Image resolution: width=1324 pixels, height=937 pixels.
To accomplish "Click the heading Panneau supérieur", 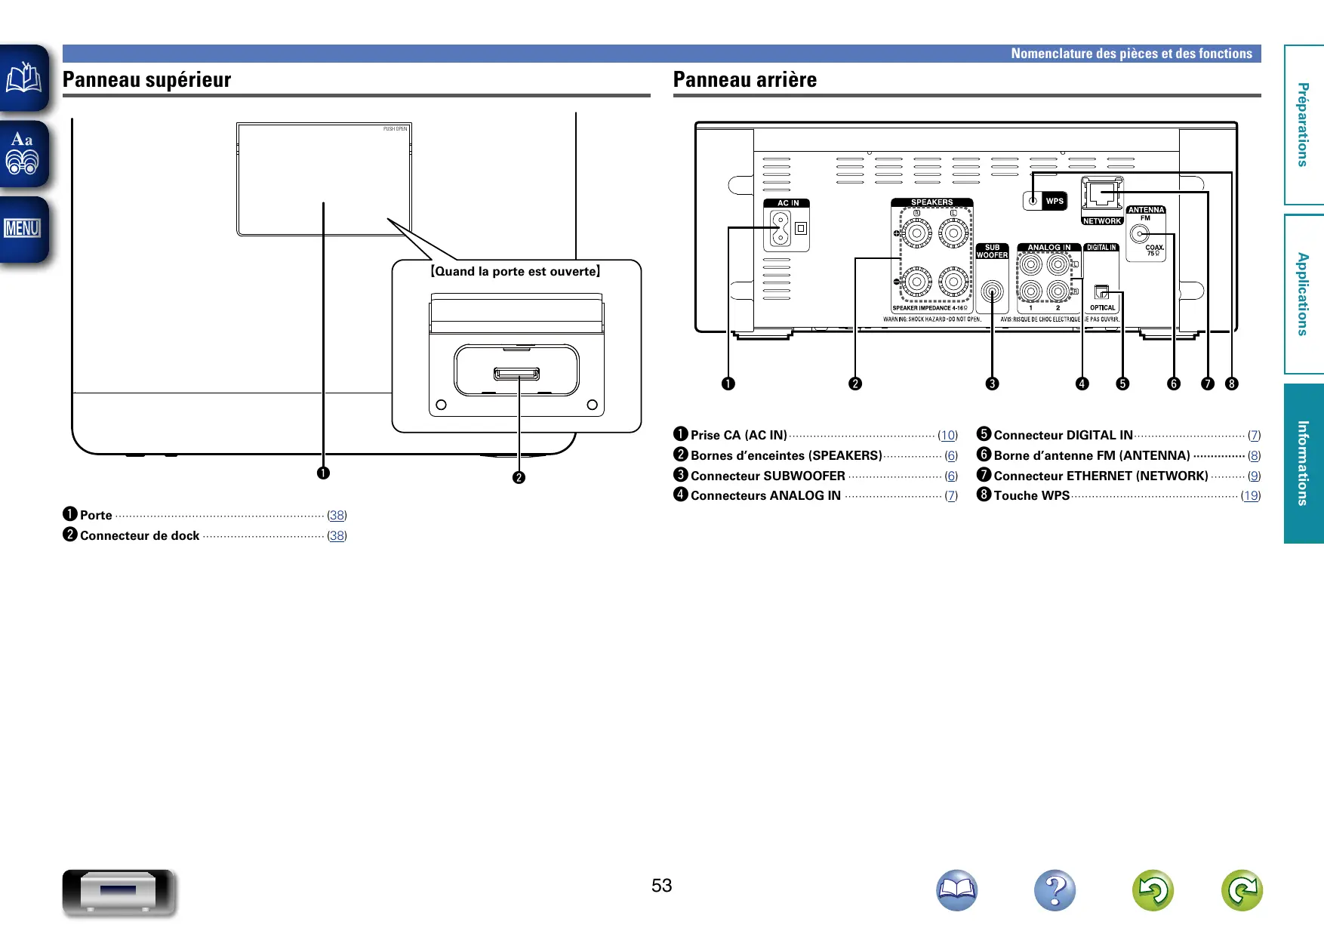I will [x=146, y=80].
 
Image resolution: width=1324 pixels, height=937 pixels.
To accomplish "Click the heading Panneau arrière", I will [x=744, y=80].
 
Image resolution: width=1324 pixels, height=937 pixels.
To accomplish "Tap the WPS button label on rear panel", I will [x=1055, y=201].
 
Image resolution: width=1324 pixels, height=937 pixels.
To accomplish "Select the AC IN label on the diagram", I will [x=787, y=203].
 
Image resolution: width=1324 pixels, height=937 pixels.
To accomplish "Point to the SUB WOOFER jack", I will [x=992, y=291].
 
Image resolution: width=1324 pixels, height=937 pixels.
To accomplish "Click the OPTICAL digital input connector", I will [x=1101, y=292].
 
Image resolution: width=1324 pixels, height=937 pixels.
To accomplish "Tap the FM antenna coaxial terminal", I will [x=1139, y=234].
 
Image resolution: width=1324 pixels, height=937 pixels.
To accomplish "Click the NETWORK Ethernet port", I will [x=1102, y=195].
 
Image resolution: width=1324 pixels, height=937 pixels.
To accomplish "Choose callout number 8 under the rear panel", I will [x=1231, y=384].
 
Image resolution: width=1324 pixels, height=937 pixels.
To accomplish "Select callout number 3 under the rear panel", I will [x=992, y=384].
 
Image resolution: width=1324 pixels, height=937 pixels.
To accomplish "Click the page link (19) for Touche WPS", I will [x=1251, y=496].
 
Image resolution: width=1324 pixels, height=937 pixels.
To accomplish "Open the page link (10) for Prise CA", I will [x=947, y=436].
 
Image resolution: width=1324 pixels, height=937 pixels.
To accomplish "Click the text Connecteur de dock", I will [x=140, y=536].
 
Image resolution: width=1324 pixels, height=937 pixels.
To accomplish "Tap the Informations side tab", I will [x=1303, y=463].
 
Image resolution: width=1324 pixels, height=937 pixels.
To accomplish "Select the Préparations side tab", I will [x=1303, y=125].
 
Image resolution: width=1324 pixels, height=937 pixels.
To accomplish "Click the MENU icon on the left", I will [x=23, y=228].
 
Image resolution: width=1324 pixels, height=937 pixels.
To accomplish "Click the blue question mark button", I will [x=1055, y=891].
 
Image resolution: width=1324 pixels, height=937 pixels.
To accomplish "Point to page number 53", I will [x=661, y=886].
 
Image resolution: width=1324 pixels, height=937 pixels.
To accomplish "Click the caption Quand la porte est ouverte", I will [x=516, y=272].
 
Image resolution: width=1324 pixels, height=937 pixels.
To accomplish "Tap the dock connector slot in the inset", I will [x=517, y=374].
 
